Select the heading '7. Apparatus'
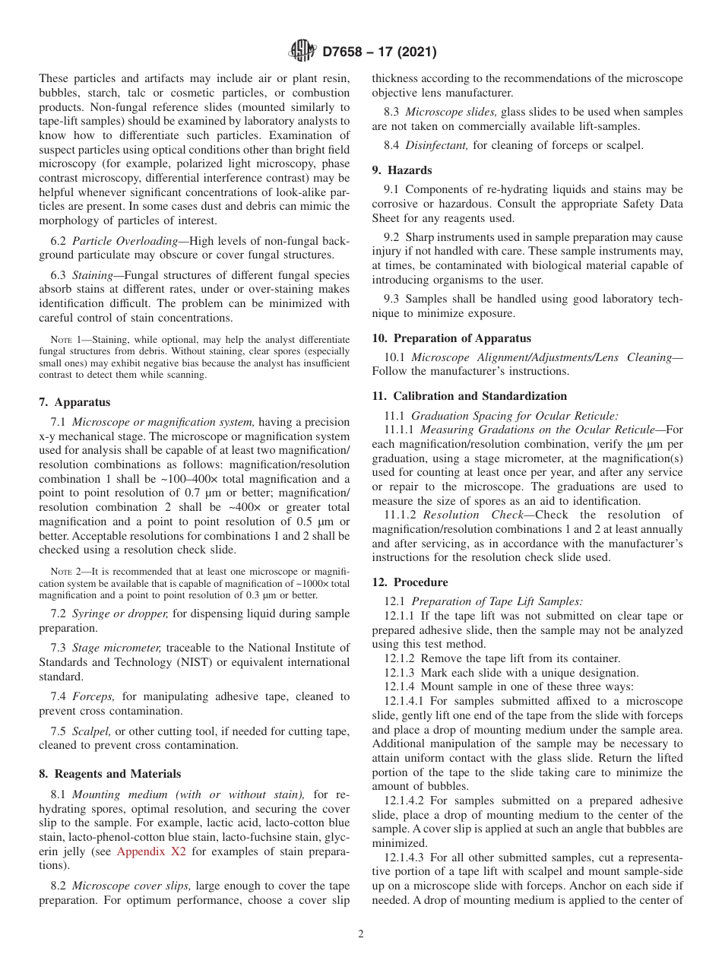point(74,402)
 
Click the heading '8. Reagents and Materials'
point(110,774)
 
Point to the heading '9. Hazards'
point(402,170)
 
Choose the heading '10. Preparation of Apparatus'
point(451,338)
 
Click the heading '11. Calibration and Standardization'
point(469,396)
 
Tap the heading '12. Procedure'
point(410,582)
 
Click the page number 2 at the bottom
point(361,934)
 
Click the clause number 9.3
point(391,300)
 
